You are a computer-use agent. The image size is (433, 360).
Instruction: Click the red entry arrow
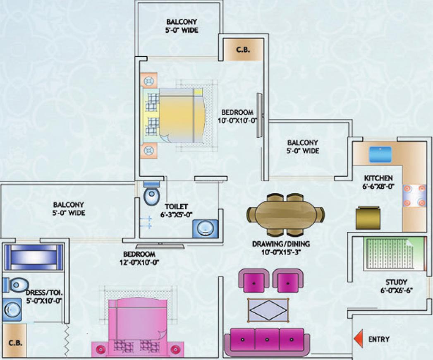click(x=358, y=339)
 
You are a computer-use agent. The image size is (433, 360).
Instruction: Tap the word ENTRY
click(x=379, y=339)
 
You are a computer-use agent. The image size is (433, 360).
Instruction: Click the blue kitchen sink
click(x=380, y=154)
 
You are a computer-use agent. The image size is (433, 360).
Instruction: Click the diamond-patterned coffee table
click(x=268, y=310)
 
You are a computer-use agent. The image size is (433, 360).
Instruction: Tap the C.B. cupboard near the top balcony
click(x=243, y=50)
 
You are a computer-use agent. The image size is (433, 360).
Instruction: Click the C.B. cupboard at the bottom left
click(x=14, y=343)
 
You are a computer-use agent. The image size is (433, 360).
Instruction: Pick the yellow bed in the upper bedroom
click(x=181, y=115)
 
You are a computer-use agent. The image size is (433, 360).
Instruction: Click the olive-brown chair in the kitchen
click(x=368, y=218)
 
